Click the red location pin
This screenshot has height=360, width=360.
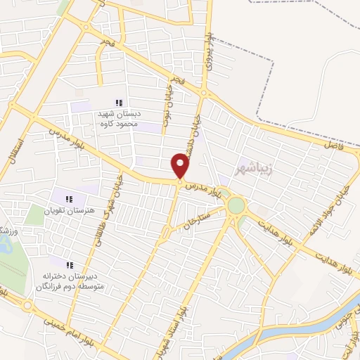point(181,166)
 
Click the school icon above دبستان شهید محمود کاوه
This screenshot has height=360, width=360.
point(119,103)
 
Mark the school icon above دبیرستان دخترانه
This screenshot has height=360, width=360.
point(70,265)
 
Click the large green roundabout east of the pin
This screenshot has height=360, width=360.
point(236,205)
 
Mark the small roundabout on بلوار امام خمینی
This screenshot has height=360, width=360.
point(27,306)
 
